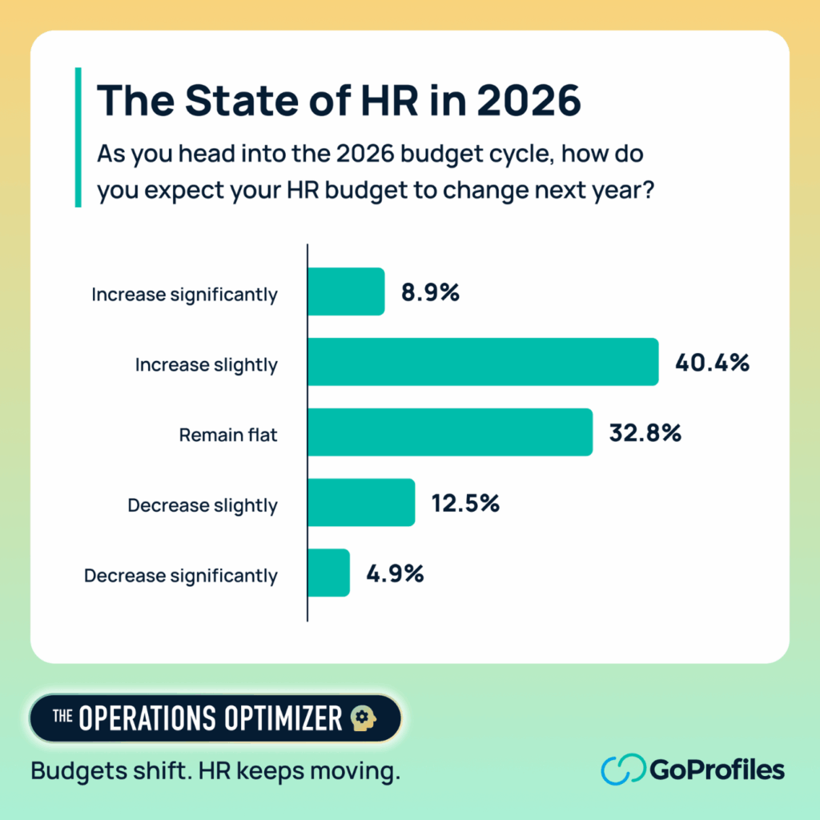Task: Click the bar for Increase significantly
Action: pos(346,292)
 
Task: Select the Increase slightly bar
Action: pos(483,363)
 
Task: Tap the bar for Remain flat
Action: pos(450,432)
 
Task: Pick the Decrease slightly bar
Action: pos(361,503)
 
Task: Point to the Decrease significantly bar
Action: pos(328,573)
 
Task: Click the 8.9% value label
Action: pos(430,293)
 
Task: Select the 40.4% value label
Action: pos(712,364)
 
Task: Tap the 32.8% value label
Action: pos(644,433)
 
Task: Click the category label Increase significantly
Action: pos(184,295)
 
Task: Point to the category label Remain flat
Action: pos(228,436)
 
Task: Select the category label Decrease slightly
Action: pos(203,506)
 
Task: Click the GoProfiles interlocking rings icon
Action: pos(622,770)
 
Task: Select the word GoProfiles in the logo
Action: pos(717,770)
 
